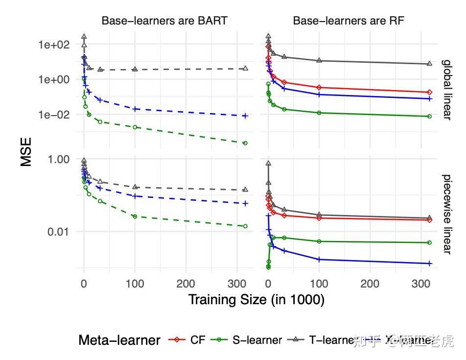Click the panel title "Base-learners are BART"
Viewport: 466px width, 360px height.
click(164, 21)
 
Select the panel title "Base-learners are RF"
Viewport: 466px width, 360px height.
click(348, 21)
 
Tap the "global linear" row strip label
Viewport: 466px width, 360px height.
click(447, 89)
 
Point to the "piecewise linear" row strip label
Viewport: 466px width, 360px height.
click(447, 214)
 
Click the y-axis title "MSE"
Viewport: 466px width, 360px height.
click(26, 152)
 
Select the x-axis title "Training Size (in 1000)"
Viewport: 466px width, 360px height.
click(256, 300)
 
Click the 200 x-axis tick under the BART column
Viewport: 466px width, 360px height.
click(186, 284)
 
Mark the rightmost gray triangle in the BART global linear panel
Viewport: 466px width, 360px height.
click(245, 68)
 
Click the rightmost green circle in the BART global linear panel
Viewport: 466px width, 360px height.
click(245, 143)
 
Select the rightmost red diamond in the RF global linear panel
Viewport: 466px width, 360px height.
click(429, 92)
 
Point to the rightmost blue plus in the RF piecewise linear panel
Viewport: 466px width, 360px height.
click(429, 264)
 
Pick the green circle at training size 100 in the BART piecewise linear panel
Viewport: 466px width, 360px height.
click(135, 216)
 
